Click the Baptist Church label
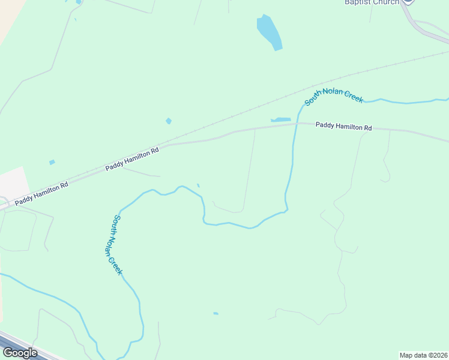pyautogui.click(x=372, y=2)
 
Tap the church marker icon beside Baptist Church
pyautogui.click(x=408, y=2)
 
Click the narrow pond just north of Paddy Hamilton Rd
pyautogui.click(x=281, y=119)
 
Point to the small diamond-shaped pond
pyautogui.click(x=169, y=121)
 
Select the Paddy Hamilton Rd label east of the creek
pyautogui.click(x=344, y=127)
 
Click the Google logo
pyautogui.click(x=20, y=353)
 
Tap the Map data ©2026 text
pyautogui.click(x=423, y=355)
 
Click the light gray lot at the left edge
pyautogui.click(x=12, y=182)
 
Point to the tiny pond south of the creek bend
pyautogui.click(x=215, y=313)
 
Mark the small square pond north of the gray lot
pyautogui.click(x=52, y=162)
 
